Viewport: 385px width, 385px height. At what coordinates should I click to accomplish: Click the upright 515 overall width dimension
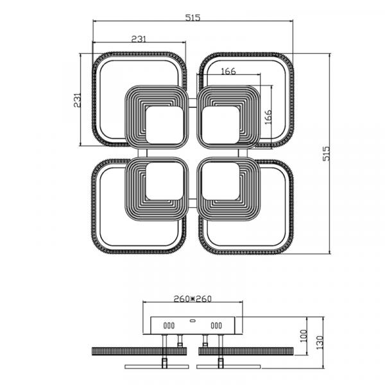193,18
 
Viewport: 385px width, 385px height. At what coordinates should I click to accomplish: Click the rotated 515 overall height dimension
326,154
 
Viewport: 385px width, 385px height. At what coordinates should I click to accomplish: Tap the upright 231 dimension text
139,39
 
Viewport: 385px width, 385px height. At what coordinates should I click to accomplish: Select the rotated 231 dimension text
77,100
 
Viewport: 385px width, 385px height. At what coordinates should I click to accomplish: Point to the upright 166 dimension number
228,71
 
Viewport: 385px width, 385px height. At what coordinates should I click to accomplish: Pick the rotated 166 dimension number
268,117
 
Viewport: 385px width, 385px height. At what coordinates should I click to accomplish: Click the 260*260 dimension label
193,299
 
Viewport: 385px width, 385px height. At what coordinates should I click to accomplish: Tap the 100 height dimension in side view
304,336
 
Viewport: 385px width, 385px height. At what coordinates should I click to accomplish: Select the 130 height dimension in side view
320,342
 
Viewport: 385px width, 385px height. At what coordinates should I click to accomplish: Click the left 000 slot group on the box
169,325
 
